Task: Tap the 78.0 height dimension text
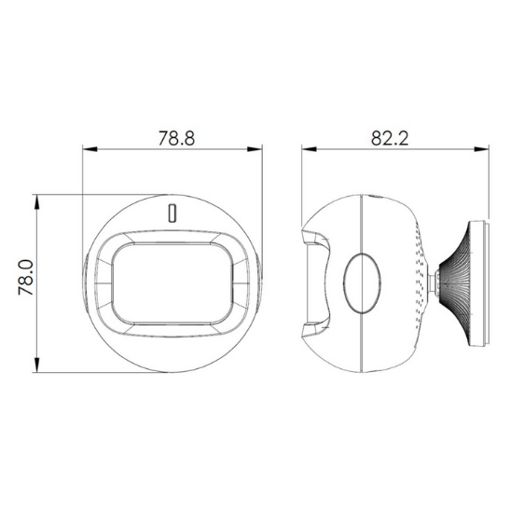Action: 25,280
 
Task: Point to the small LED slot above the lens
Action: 172,212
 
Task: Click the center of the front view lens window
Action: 171,281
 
